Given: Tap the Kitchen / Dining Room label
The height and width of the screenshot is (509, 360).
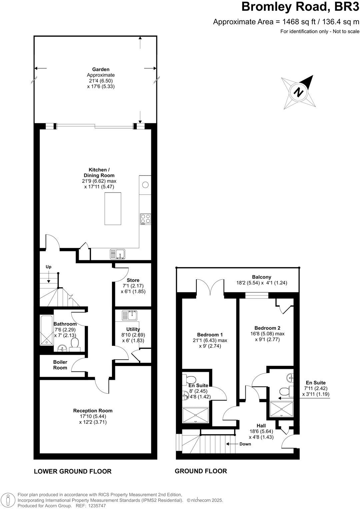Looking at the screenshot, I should click(99, 173).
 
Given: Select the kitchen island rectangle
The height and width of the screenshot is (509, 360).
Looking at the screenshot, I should click(113, 209).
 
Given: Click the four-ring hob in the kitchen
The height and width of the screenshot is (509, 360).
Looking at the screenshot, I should click(145, 219).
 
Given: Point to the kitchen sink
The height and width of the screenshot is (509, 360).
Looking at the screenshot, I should click(117, 254).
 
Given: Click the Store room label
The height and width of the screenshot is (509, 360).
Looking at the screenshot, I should click(133, 280).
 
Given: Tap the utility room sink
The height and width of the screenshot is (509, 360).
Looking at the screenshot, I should click(130, 315).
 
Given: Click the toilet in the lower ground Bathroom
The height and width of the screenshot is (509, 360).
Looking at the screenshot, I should click(75, 344).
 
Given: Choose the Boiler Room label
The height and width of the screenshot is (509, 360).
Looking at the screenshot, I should click(60, 365).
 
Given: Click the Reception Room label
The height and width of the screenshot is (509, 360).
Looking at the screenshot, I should click(93, 411).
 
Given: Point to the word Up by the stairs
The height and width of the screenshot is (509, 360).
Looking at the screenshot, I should click(49, 267).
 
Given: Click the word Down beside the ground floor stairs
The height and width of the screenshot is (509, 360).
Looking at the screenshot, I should click(245, 444).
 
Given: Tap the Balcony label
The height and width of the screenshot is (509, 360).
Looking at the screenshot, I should click(261, 277).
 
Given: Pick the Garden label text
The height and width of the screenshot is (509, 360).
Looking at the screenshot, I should click(101, 69).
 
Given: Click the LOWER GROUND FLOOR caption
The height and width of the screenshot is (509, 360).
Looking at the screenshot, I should click(73, 471).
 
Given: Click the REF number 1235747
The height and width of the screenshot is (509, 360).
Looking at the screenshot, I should click(96, 506).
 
